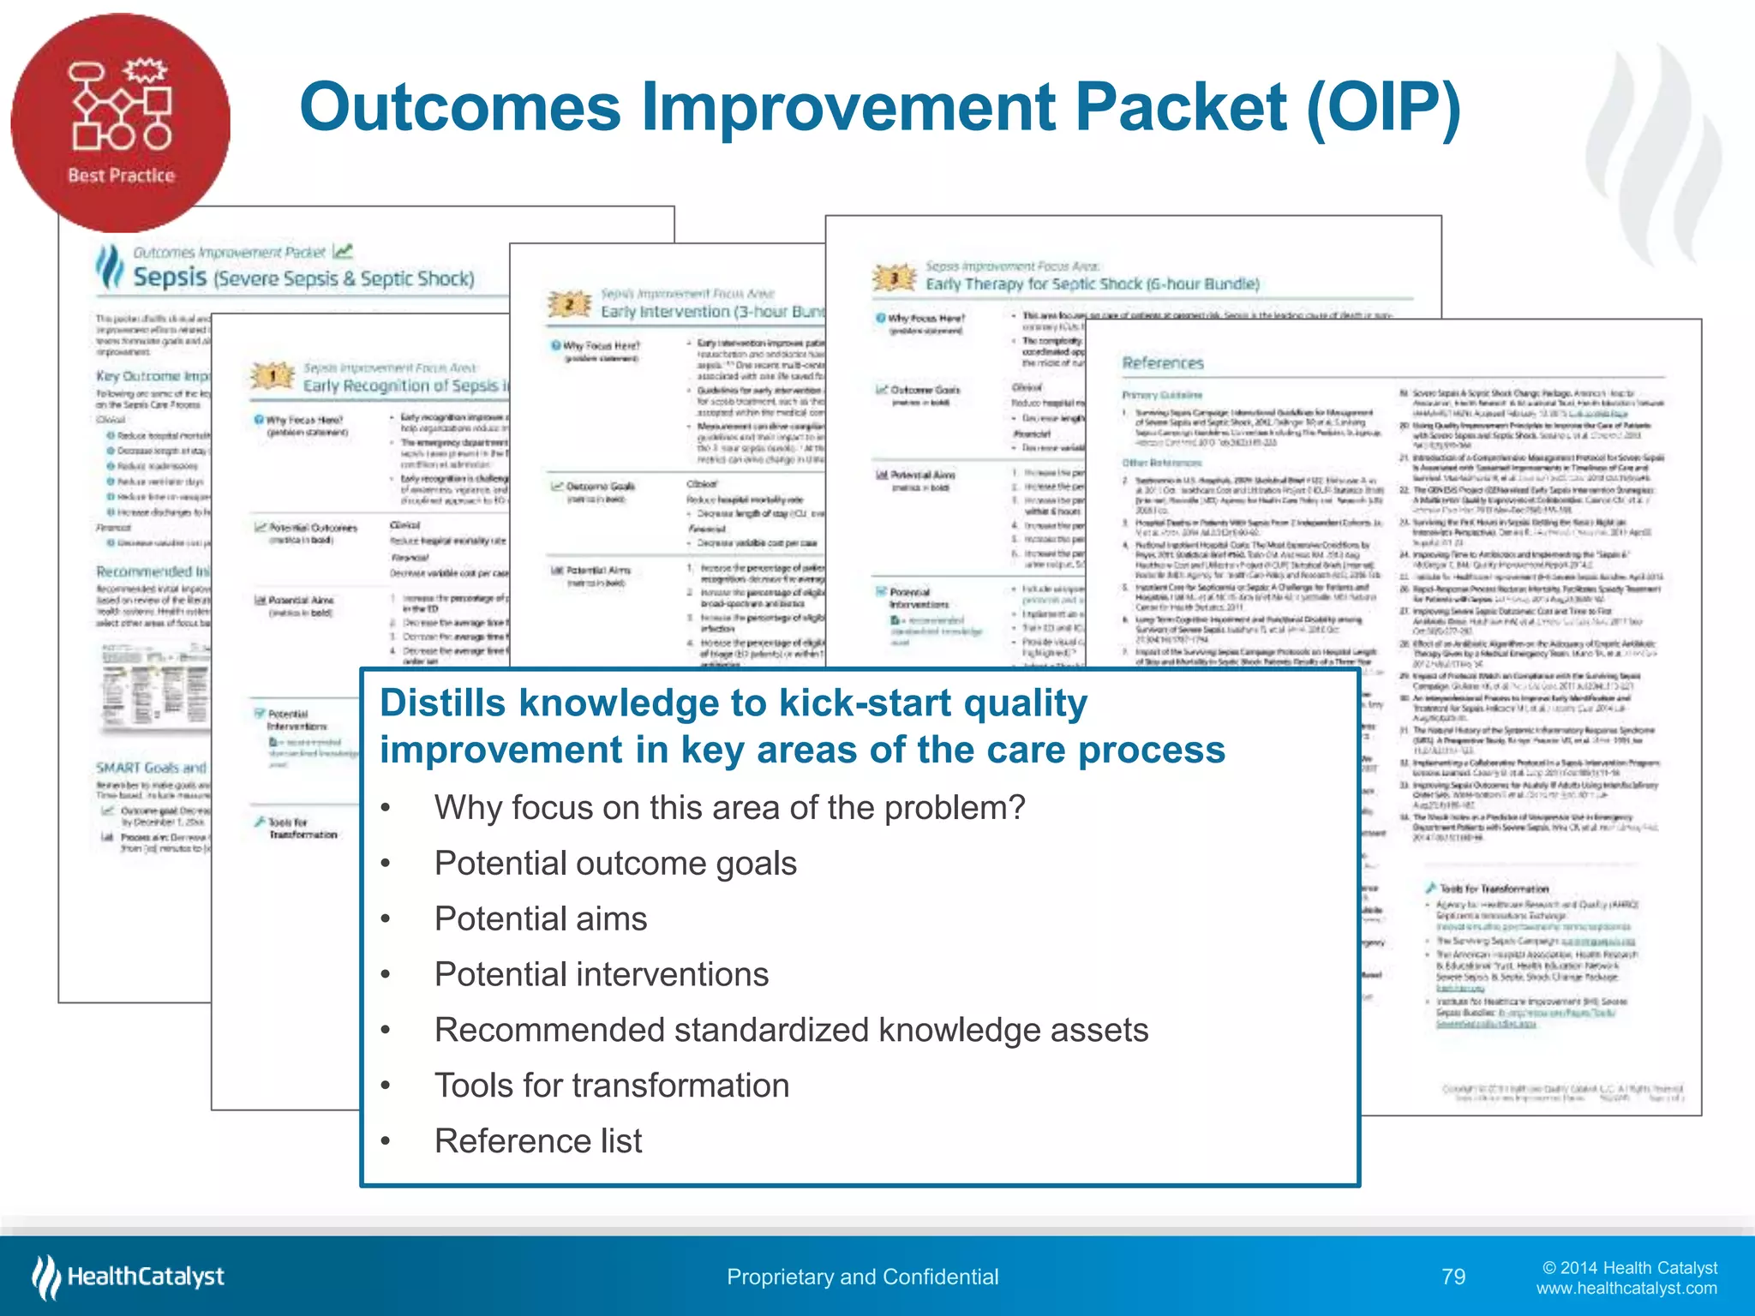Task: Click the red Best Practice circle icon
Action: (x=120, y=123)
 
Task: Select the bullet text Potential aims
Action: (x=540, y=919)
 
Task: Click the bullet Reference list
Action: (x=537, y=1141)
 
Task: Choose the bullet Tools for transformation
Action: (x=611, y=1086)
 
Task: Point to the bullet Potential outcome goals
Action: (x=614, y=864)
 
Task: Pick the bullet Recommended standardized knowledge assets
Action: (x=790, y=1030)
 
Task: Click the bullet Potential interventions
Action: (x=601, y=975)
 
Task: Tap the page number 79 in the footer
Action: (x=1453, y=1277)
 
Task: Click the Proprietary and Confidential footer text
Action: (x=862, y=1277)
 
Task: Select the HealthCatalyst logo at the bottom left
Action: (x=129, y=1277)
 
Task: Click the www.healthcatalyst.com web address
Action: (x=1626, y=1289)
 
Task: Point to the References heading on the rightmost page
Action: (x=1163, y=363)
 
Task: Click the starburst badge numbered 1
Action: (x=273, y=375)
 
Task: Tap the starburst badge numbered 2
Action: (x=568, y=304)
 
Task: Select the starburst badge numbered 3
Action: (x=893, y=278)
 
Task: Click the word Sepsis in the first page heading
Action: (x=170, y=278)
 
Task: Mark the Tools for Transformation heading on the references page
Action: (x=1494, y=888)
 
